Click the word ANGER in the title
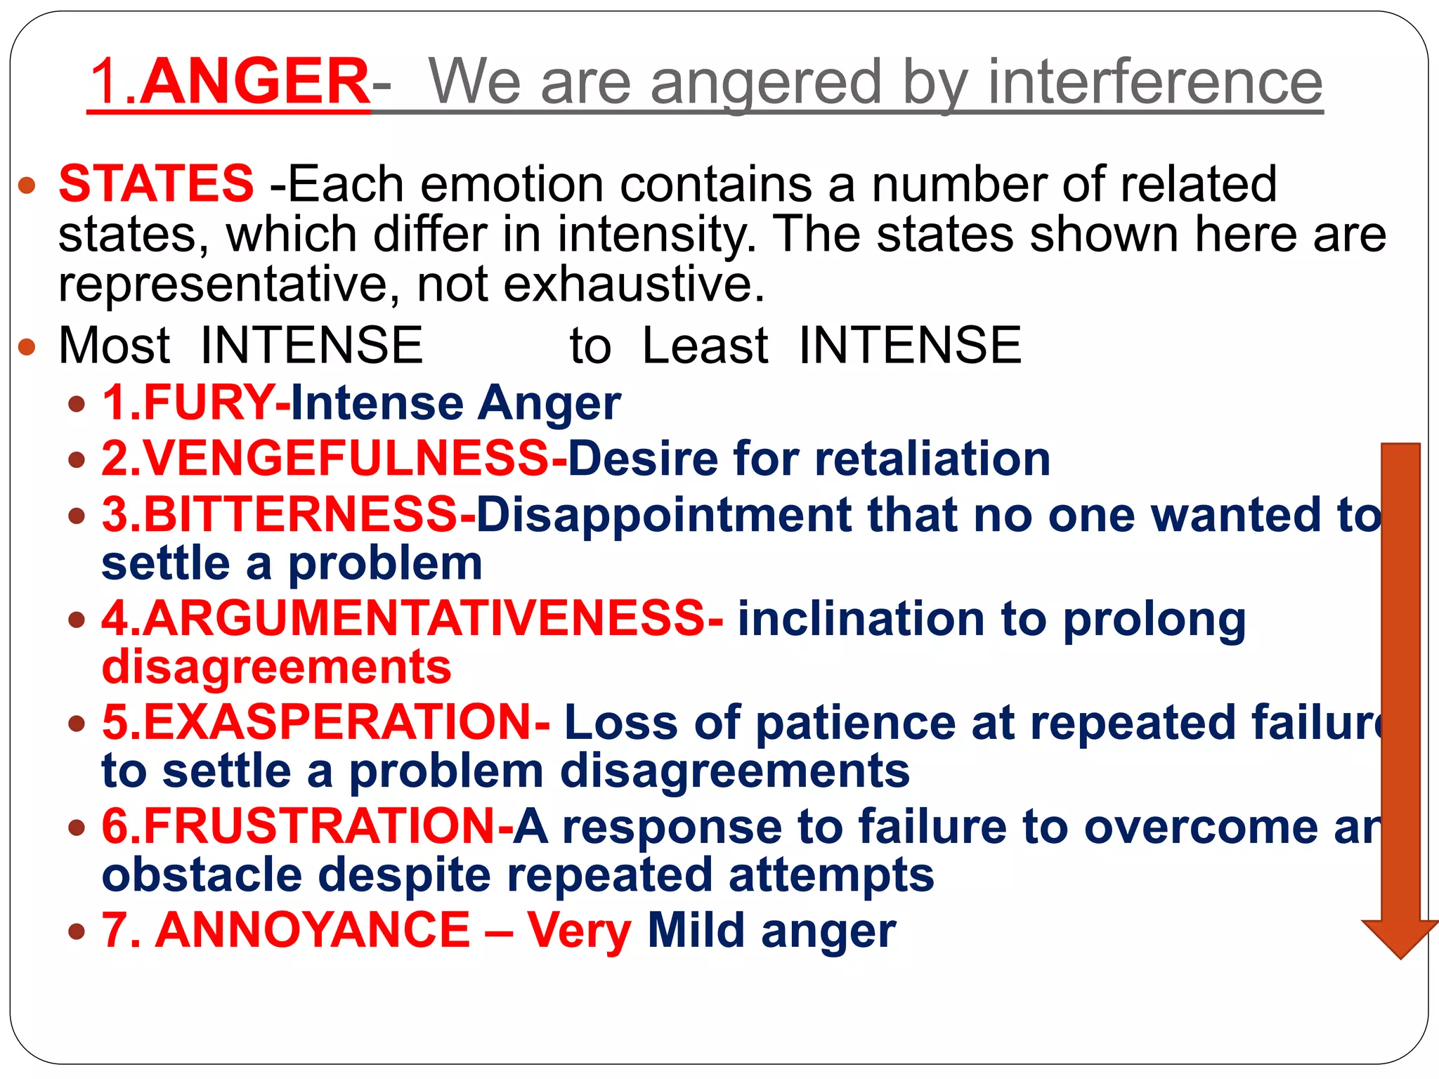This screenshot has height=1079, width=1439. point(255,81)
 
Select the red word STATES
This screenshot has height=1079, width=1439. point(156,183)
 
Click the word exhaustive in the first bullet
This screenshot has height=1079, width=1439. point(633,285)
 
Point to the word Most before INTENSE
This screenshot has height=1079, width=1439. point(115,346)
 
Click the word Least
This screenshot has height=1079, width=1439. point(705,346)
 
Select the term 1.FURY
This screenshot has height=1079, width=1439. point(188,403)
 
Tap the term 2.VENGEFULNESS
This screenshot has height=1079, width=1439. point(325,459)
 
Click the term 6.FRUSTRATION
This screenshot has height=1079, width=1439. point(299,826)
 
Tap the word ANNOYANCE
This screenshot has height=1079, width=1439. point(313,930)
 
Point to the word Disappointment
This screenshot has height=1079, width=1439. point(664,514)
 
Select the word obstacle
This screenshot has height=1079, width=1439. point(202,875)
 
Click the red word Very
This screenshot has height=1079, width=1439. point(580,930)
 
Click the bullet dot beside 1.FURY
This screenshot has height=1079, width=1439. point(77,404)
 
